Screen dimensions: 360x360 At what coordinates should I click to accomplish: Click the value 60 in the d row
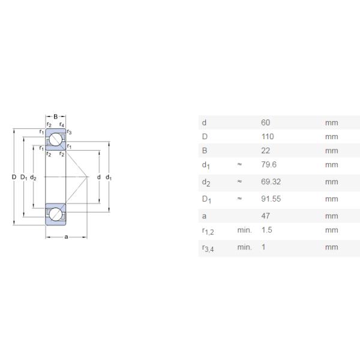[x=265, y=122]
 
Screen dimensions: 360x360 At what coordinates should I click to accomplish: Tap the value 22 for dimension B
[x=265, y=151]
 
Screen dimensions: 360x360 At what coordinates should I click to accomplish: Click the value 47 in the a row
[x=265, y=216]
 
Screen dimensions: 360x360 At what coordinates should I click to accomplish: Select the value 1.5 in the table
[x=266, y=230]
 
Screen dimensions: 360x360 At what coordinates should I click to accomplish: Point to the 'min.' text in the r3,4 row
[x=244, y=247]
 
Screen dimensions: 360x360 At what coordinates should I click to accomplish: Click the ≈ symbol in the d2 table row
[x=239, y=181]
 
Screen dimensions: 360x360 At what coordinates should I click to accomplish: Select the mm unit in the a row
[x=331, y=216]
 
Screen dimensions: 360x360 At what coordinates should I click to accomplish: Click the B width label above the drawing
[x=56, y=116]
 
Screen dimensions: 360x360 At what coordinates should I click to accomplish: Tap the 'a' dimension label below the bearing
[x=66, y=237]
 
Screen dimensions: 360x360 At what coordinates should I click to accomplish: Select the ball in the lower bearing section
[x=55, y=214]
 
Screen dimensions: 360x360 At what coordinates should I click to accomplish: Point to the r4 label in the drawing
[x=62, y=124]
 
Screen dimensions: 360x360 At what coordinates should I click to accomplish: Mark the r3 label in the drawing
[x=70, y=132]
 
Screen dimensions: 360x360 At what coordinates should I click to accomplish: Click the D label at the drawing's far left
[x=14, y=177]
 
